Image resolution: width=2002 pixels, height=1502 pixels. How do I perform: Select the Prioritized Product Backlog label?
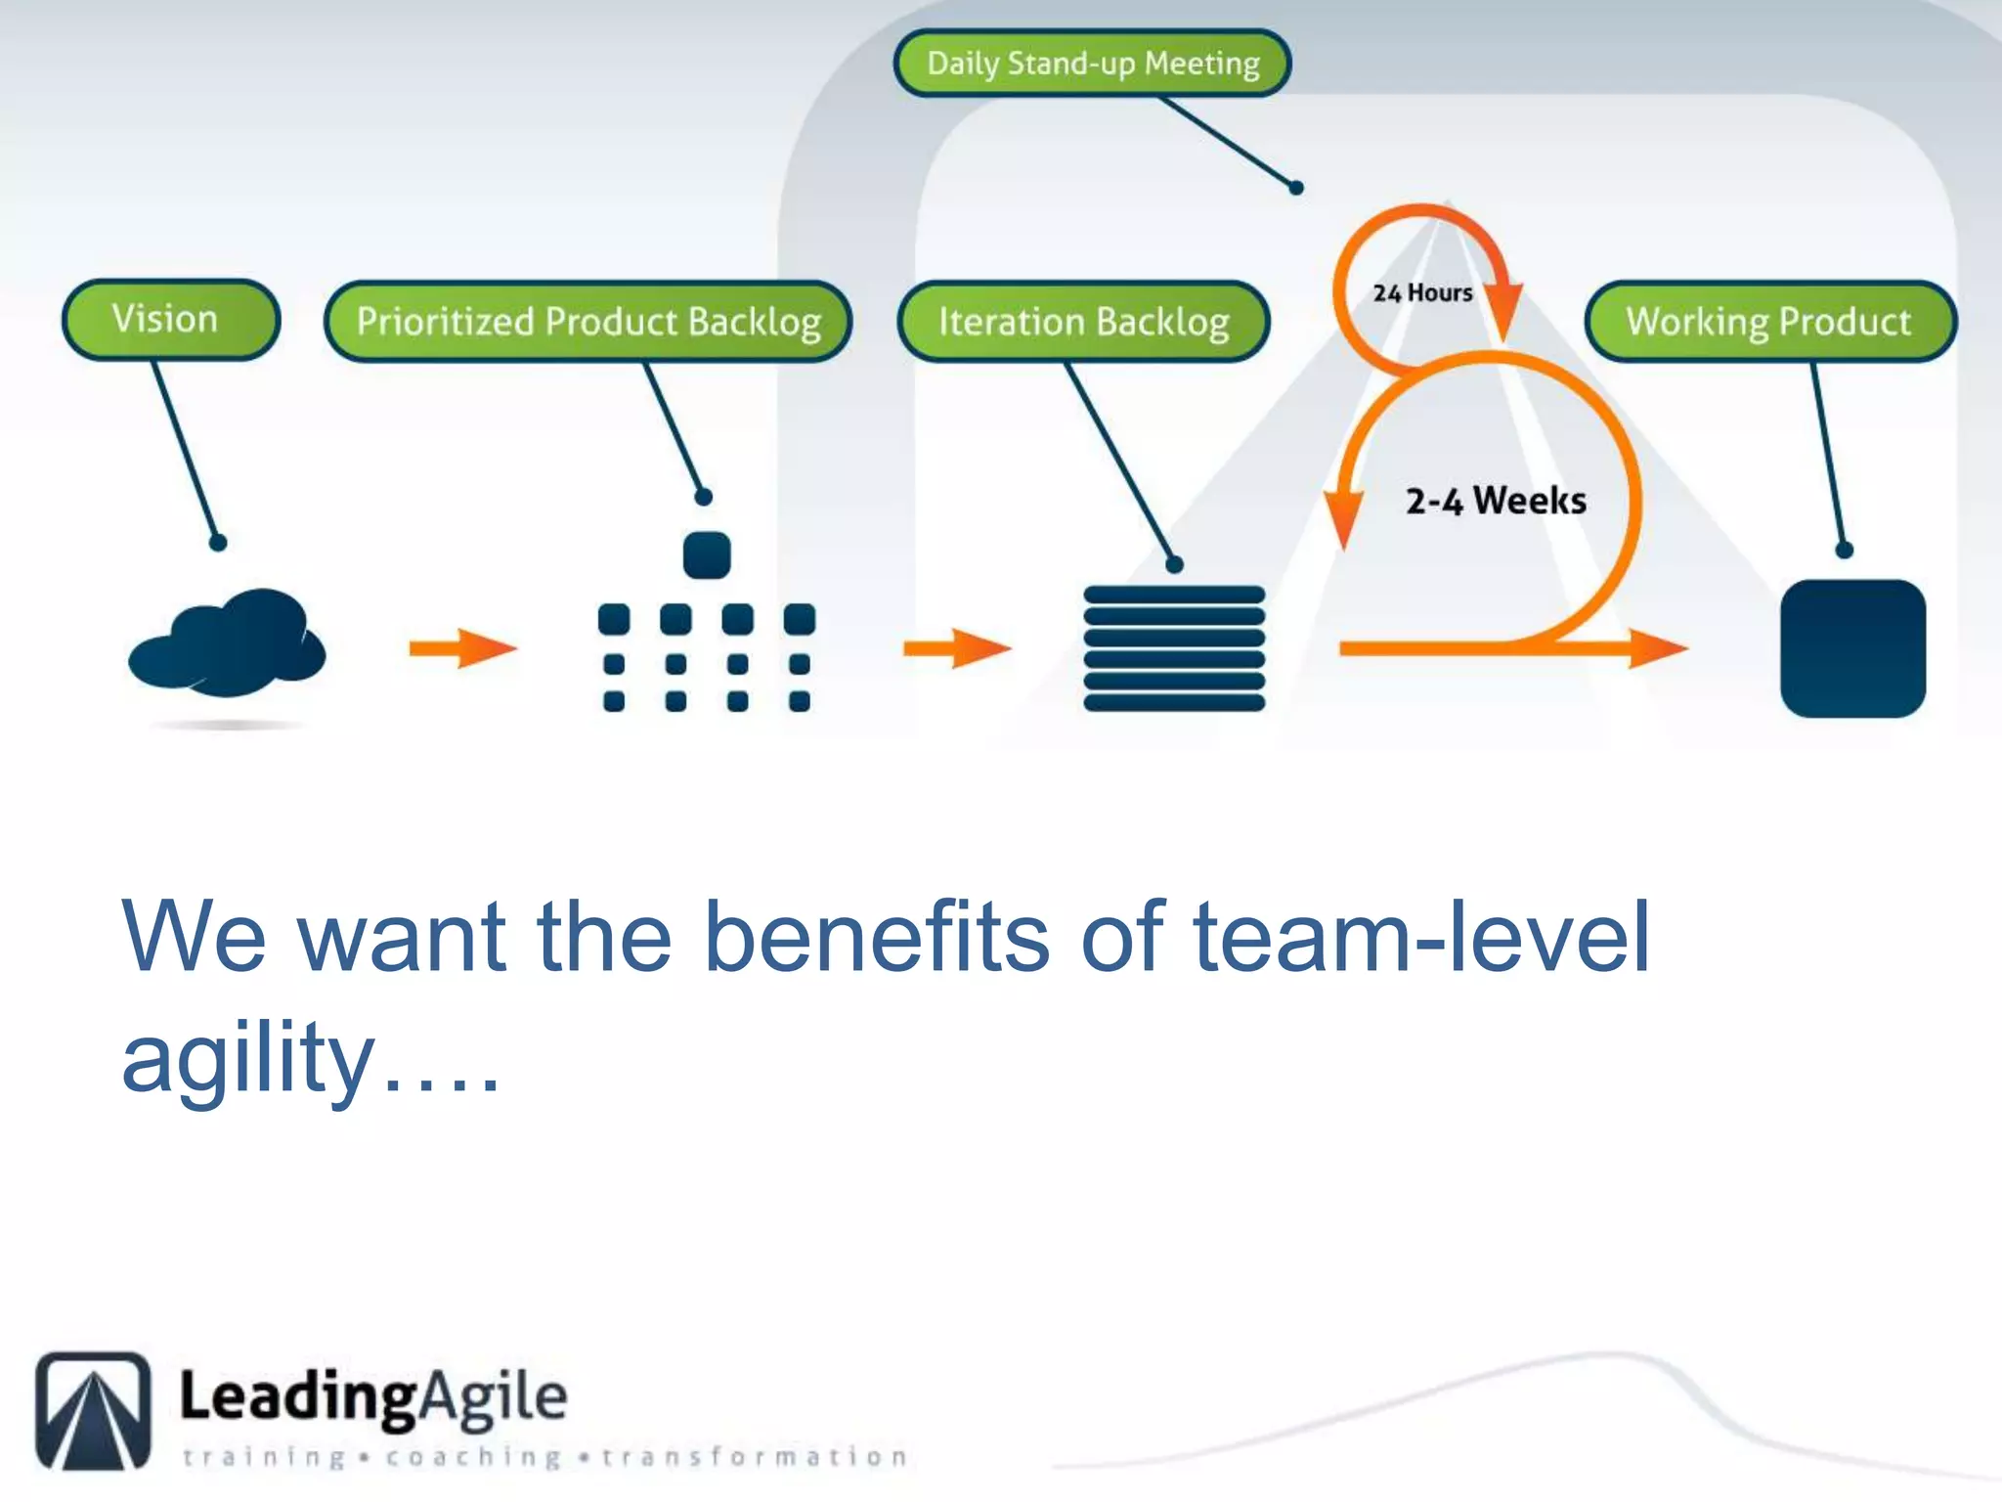pyautogui.click(x=588, y=322)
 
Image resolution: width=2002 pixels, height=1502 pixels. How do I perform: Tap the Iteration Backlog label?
pyautogui.click(x=1083, y=322)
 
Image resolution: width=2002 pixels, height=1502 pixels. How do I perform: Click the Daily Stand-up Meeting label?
pyautogui.click(x=1093, y=64)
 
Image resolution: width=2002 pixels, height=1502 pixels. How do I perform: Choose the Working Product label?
pyautogui.click(x=1769, y=322)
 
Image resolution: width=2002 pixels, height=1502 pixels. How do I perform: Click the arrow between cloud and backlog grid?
pyautogui.click(x=461, y=647)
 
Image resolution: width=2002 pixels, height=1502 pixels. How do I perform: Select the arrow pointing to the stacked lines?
pyautogui.click(x=956, y=647)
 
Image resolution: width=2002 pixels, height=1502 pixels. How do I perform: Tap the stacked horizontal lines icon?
pyautogui.click(x=1174, y=647)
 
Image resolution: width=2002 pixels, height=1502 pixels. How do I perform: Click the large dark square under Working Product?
pyautogui.click(x=1852, y=648)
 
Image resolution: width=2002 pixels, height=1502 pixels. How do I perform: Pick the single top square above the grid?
pyautogui.click(x=707, y=555)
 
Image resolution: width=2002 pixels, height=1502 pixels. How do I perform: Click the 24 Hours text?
pyautogui.click(x=1422, y=292)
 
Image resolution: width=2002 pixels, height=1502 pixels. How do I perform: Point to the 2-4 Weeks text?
pyautogui.click(x=1495, y=501)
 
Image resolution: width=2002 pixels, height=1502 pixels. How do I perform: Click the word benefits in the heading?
pyautogui.click(x=876, y=937)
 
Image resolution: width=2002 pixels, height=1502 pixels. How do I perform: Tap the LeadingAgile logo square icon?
pyautogui.click(x=94, y=1410)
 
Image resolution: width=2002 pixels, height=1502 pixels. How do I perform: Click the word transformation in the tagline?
pyautogui.click(x=754, y=1457)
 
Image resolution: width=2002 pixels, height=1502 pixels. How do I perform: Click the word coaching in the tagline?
pyautogui.click(x=473, y=1457)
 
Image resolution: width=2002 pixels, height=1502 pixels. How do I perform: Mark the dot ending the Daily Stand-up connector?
pyautogui.click(x=1296, y=188)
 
